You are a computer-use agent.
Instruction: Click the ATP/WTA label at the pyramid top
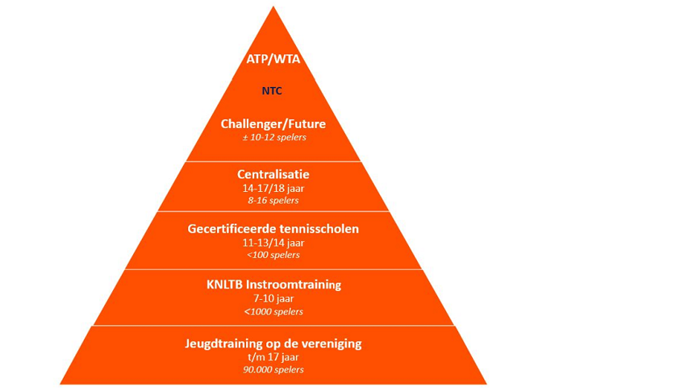click(273, 59)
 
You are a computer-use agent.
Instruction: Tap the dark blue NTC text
click(273, 91)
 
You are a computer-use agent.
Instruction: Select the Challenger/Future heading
click(273, 123)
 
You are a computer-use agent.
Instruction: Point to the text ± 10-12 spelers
click(273, 137)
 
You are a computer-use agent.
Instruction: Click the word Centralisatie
click(273, 174)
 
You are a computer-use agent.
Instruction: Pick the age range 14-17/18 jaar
click(273, 188)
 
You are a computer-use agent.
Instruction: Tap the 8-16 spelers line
click(273, 200)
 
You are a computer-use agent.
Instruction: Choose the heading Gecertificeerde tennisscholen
click(273, 229)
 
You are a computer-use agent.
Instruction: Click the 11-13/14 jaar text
click(273, 243)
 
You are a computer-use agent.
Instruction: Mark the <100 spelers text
click(273, 255)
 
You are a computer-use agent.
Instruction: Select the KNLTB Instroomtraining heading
click(273, 284)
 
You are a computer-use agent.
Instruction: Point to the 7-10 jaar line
click(273, 298)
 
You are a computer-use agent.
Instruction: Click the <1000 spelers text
click(273, 311)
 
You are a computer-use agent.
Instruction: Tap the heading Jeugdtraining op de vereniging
click(273, 343)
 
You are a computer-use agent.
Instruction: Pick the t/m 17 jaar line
click(273, 357)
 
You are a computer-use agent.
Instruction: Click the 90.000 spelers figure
click(273, 370)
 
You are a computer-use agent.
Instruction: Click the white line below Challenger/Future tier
click(273, 162)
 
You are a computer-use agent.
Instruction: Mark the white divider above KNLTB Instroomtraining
click(273, 269)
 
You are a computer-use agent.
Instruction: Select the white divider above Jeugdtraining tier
click(273, 326)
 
